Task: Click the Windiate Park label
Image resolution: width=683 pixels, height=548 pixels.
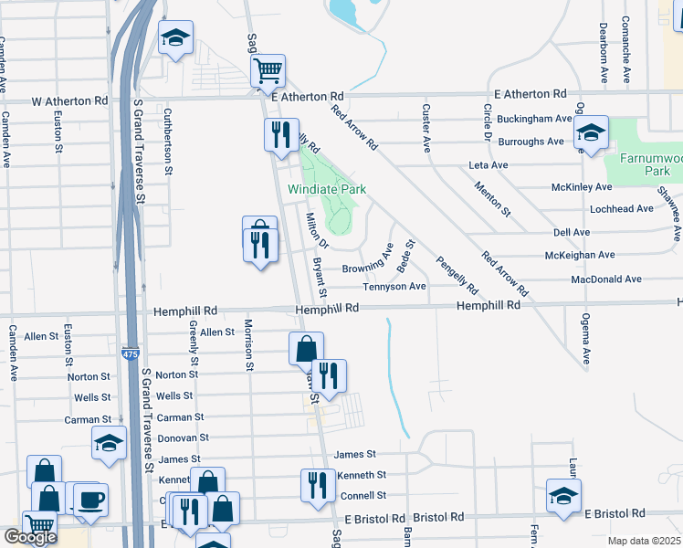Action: point(327,189)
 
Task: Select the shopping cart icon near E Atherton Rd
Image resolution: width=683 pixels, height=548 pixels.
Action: point(268,69)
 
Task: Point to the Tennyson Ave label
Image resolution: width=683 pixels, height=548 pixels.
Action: point(394,286)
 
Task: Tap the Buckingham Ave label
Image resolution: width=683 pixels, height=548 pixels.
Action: point(535,119)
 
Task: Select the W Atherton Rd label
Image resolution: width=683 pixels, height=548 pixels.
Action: point(69,101)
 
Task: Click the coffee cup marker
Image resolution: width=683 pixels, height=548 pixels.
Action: point(90,500)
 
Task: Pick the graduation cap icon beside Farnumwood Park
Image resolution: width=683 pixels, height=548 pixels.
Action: point(591,133)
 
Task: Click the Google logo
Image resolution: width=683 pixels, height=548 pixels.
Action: point(30,537)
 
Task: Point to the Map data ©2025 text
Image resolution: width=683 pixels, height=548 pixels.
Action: point(645,541)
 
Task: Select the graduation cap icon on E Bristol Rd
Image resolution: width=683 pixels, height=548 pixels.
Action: point(563,496)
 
